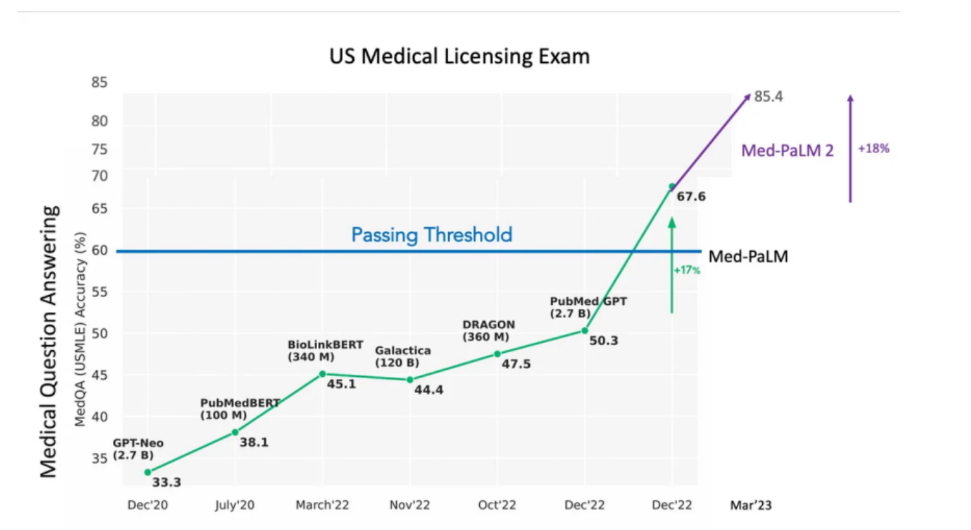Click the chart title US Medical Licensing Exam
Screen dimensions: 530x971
point(459,56)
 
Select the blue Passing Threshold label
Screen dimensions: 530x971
point(431,234)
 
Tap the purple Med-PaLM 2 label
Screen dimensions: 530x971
point(787,151)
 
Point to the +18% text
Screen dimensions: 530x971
point(873,149)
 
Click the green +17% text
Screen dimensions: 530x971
point(687,271)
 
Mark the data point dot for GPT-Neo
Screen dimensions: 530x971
point(148,472)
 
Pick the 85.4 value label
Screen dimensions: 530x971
point(768,97)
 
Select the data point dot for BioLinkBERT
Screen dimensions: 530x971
point(322,374)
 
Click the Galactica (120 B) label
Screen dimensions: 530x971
point(402,356)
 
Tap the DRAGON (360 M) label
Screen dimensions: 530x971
point(488,330)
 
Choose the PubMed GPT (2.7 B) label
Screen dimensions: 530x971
point(588,307)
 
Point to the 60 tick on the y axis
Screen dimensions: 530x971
point(99,250)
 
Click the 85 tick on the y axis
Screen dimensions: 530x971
point(99,82)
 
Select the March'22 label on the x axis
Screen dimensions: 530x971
point(322,505)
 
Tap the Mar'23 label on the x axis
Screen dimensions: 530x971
point(750,505)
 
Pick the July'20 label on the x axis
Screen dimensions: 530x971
point(235,505)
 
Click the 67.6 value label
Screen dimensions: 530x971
point(691,197)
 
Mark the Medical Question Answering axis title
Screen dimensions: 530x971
point(49,341)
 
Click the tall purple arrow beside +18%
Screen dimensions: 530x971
point(850,149)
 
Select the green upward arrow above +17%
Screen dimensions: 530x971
point(672,266)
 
